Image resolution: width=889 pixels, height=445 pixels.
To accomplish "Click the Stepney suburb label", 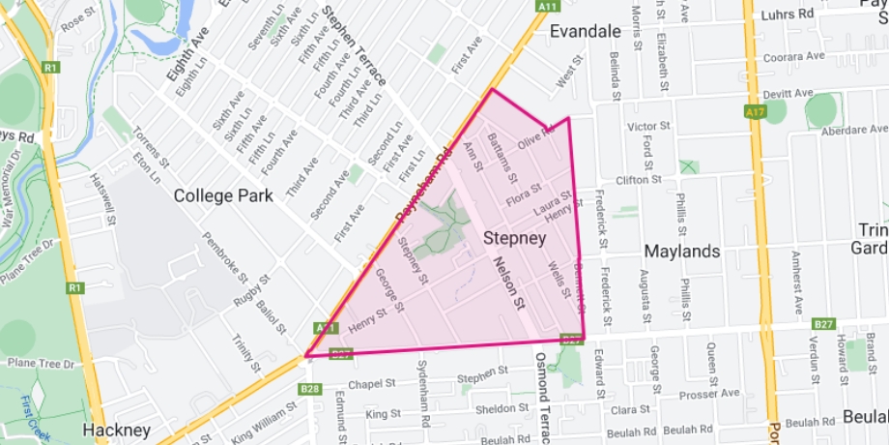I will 514,237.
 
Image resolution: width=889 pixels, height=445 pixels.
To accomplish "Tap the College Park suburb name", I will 217,195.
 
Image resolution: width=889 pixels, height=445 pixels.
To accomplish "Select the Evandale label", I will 585,32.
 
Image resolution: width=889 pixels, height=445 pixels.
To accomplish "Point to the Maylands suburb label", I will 681,252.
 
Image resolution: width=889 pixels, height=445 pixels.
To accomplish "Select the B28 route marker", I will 310,389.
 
